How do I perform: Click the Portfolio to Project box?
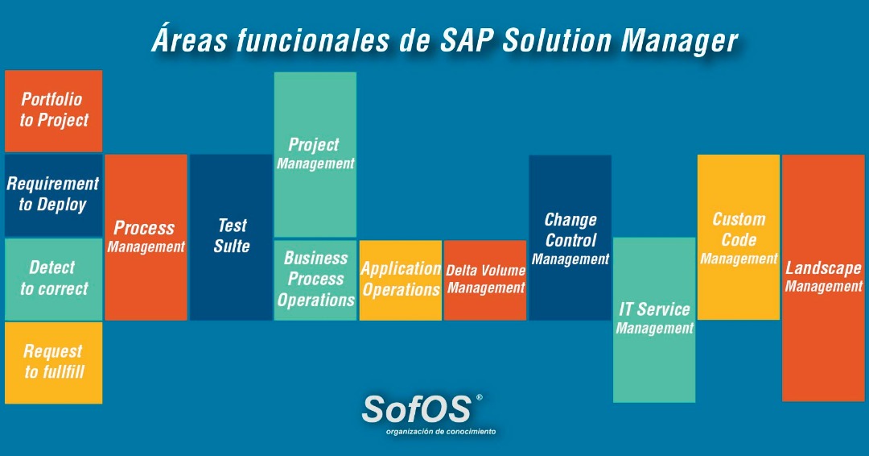54,110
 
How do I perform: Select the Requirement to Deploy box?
54,194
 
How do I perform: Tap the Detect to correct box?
54,278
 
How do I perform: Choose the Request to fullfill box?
54,362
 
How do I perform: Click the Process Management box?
146,237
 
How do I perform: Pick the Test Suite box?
231,237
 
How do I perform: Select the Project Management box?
315,154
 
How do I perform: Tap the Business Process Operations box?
315,280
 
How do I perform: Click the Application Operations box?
400,280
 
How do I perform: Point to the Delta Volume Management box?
485,280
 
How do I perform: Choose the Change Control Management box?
570,237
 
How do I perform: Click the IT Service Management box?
654,319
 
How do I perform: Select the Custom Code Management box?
739,237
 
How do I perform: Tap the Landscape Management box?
823,277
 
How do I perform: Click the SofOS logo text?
416,408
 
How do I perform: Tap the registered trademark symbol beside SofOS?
480,397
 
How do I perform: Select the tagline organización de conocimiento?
441,432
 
